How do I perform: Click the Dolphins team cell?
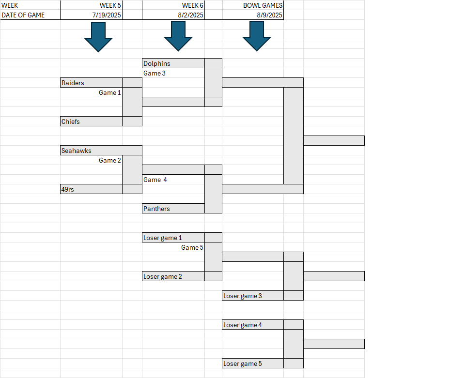click(x=173, y=63)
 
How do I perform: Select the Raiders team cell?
click(x=92, y=83)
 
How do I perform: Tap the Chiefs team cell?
click(x=92, y=121)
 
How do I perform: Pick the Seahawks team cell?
click(x=101, y=151)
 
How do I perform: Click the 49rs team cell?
click(x=92, y=189)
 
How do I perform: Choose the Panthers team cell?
click(x=173, y=209)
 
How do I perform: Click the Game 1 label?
click(x=110, y=93)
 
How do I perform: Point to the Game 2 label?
click(x=110, y=161)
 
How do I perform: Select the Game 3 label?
click(x=155, y=73)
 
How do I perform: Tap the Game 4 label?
click(x=155, y=180)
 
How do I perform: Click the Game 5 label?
click(x=192, y=248)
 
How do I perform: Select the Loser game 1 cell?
click(x=173, y=238)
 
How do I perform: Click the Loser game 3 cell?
click(x=253, y=296)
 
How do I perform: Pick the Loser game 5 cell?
click(x=253, y=363)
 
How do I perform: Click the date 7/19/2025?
click(x=107, y=15)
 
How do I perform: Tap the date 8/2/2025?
click(x=191, y=15)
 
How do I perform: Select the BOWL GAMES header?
click(x=263, y=5)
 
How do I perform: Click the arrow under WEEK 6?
click(x=178, y=36)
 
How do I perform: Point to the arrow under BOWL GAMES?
click(x=257, y=36)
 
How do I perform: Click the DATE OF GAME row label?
click(x=23, y=15)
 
